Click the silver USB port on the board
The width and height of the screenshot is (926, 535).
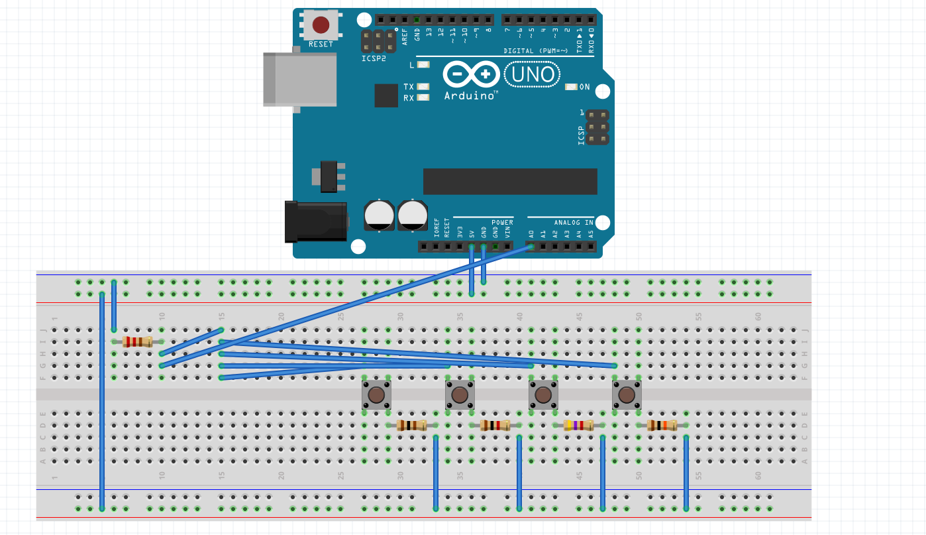[299, 79]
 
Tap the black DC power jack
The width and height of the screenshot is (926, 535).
[316, 221]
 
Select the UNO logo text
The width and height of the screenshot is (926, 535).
[533, 74]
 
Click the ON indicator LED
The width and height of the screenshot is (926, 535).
[571, 87]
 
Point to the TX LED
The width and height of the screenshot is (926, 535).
[423, 87]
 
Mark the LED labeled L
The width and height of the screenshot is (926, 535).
[423, 65]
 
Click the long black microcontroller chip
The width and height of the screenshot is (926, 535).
[510, 181]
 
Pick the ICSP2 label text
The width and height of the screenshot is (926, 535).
[373, 58]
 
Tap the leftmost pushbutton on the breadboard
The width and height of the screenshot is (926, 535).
[376, 396]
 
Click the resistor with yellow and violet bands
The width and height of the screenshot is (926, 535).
[578, 426]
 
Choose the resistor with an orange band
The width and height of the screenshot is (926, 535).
[662, 426]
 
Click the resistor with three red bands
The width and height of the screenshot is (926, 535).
[137, 341]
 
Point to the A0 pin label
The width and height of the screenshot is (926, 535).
[531, 233]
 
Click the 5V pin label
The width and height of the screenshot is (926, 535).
[472, 233]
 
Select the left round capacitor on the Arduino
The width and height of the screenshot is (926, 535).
[380, 216]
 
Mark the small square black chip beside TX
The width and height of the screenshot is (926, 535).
[386, 95]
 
